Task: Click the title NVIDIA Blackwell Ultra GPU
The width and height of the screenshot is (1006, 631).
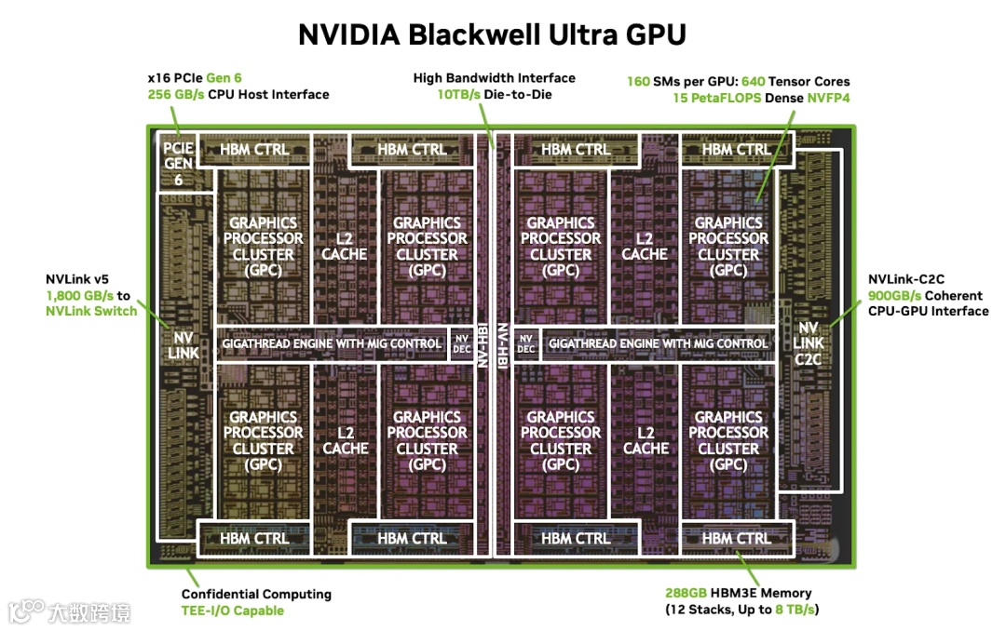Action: [492, 34]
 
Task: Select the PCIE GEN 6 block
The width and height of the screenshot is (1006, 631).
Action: [178, 164]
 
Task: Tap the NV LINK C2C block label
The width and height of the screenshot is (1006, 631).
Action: [809, 343]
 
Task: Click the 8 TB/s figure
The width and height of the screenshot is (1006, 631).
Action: [795, 610]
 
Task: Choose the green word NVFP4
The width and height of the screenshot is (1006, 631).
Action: [828, 97]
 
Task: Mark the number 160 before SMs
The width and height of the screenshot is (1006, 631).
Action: [638, 81]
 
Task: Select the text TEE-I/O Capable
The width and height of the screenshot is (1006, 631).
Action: [232, 611]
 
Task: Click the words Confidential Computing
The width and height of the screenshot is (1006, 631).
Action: [256, 594]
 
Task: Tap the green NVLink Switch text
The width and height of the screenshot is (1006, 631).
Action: [91, 311]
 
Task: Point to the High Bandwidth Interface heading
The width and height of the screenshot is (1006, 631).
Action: [494, 78]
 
